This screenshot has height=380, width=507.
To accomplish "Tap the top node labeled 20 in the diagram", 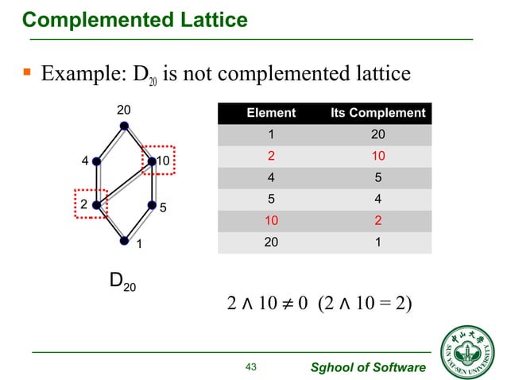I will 123,125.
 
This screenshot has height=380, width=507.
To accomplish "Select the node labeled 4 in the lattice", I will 96,161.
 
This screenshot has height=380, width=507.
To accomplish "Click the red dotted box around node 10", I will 159,161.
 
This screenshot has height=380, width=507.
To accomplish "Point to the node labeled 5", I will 152,205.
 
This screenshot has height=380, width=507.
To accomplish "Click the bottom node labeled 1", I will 124,239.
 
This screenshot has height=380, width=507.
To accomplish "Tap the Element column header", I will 271,113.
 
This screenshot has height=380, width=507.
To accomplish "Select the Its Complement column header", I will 378,113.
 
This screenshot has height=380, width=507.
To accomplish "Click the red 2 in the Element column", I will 271,156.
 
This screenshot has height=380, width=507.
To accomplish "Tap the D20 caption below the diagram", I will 122,281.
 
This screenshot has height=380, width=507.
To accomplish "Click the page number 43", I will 253,366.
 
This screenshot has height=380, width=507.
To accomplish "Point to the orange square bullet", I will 26,74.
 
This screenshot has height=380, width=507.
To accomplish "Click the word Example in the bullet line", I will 74,75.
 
